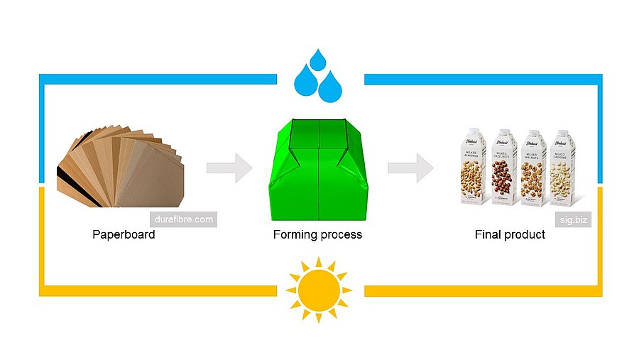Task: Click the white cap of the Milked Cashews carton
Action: (562, 132)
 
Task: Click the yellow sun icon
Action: (318, 290)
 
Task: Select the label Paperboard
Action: (124, 234)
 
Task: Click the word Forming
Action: (295, 234)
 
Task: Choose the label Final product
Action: (510, 234)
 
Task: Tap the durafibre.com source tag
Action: (183, 219)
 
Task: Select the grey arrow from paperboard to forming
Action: (229, 168)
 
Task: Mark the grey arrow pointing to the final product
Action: (410, 168)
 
